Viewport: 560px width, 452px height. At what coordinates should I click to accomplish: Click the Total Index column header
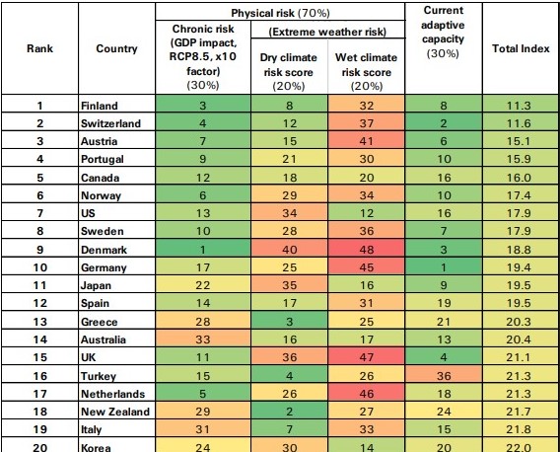(x=521, y=48)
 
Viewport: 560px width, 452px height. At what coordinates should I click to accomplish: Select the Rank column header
(x=40, y=48)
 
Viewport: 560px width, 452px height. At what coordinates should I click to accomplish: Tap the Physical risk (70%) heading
(x=280, y=13)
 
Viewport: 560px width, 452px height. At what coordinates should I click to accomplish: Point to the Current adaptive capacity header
(x=444, y=32)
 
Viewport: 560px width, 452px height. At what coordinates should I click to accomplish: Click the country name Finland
(x=100, y=106)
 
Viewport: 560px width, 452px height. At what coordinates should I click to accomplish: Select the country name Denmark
(x=104, y=250)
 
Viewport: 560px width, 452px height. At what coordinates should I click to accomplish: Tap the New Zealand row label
(x=115, y=412)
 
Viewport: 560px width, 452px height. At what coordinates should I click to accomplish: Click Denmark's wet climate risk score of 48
(x=367, y=250)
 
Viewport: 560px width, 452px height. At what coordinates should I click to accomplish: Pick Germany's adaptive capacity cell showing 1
(x=444, y=267)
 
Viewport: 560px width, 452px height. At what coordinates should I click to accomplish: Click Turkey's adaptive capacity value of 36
(x=444, y=376)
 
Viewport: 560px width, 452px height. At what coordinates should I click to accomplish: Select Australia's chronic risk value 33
(x=203, y=339)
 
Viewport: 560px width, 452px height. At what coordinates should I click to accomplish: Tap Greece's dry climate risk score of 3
(x=289, y=322)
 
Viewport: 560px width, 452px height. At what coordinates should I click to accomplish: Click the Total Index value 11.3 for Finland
(x=519, y=106)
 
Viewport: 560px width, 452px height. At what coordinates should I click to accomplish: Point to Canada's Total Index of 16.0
(x=519, y=178)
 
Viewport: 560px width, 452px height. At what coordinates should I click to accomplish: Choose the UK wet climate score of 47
(x=367, y=357)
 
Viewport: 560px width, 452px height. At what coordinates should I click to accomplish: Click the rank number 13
(x=40, y=322)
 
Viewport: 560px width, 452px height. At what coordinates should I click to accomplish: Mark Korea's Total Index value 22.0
(x=519, y=447)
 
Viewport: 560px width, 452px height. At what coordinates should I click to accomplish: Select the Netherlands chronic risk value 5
(x=203, y=394)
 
